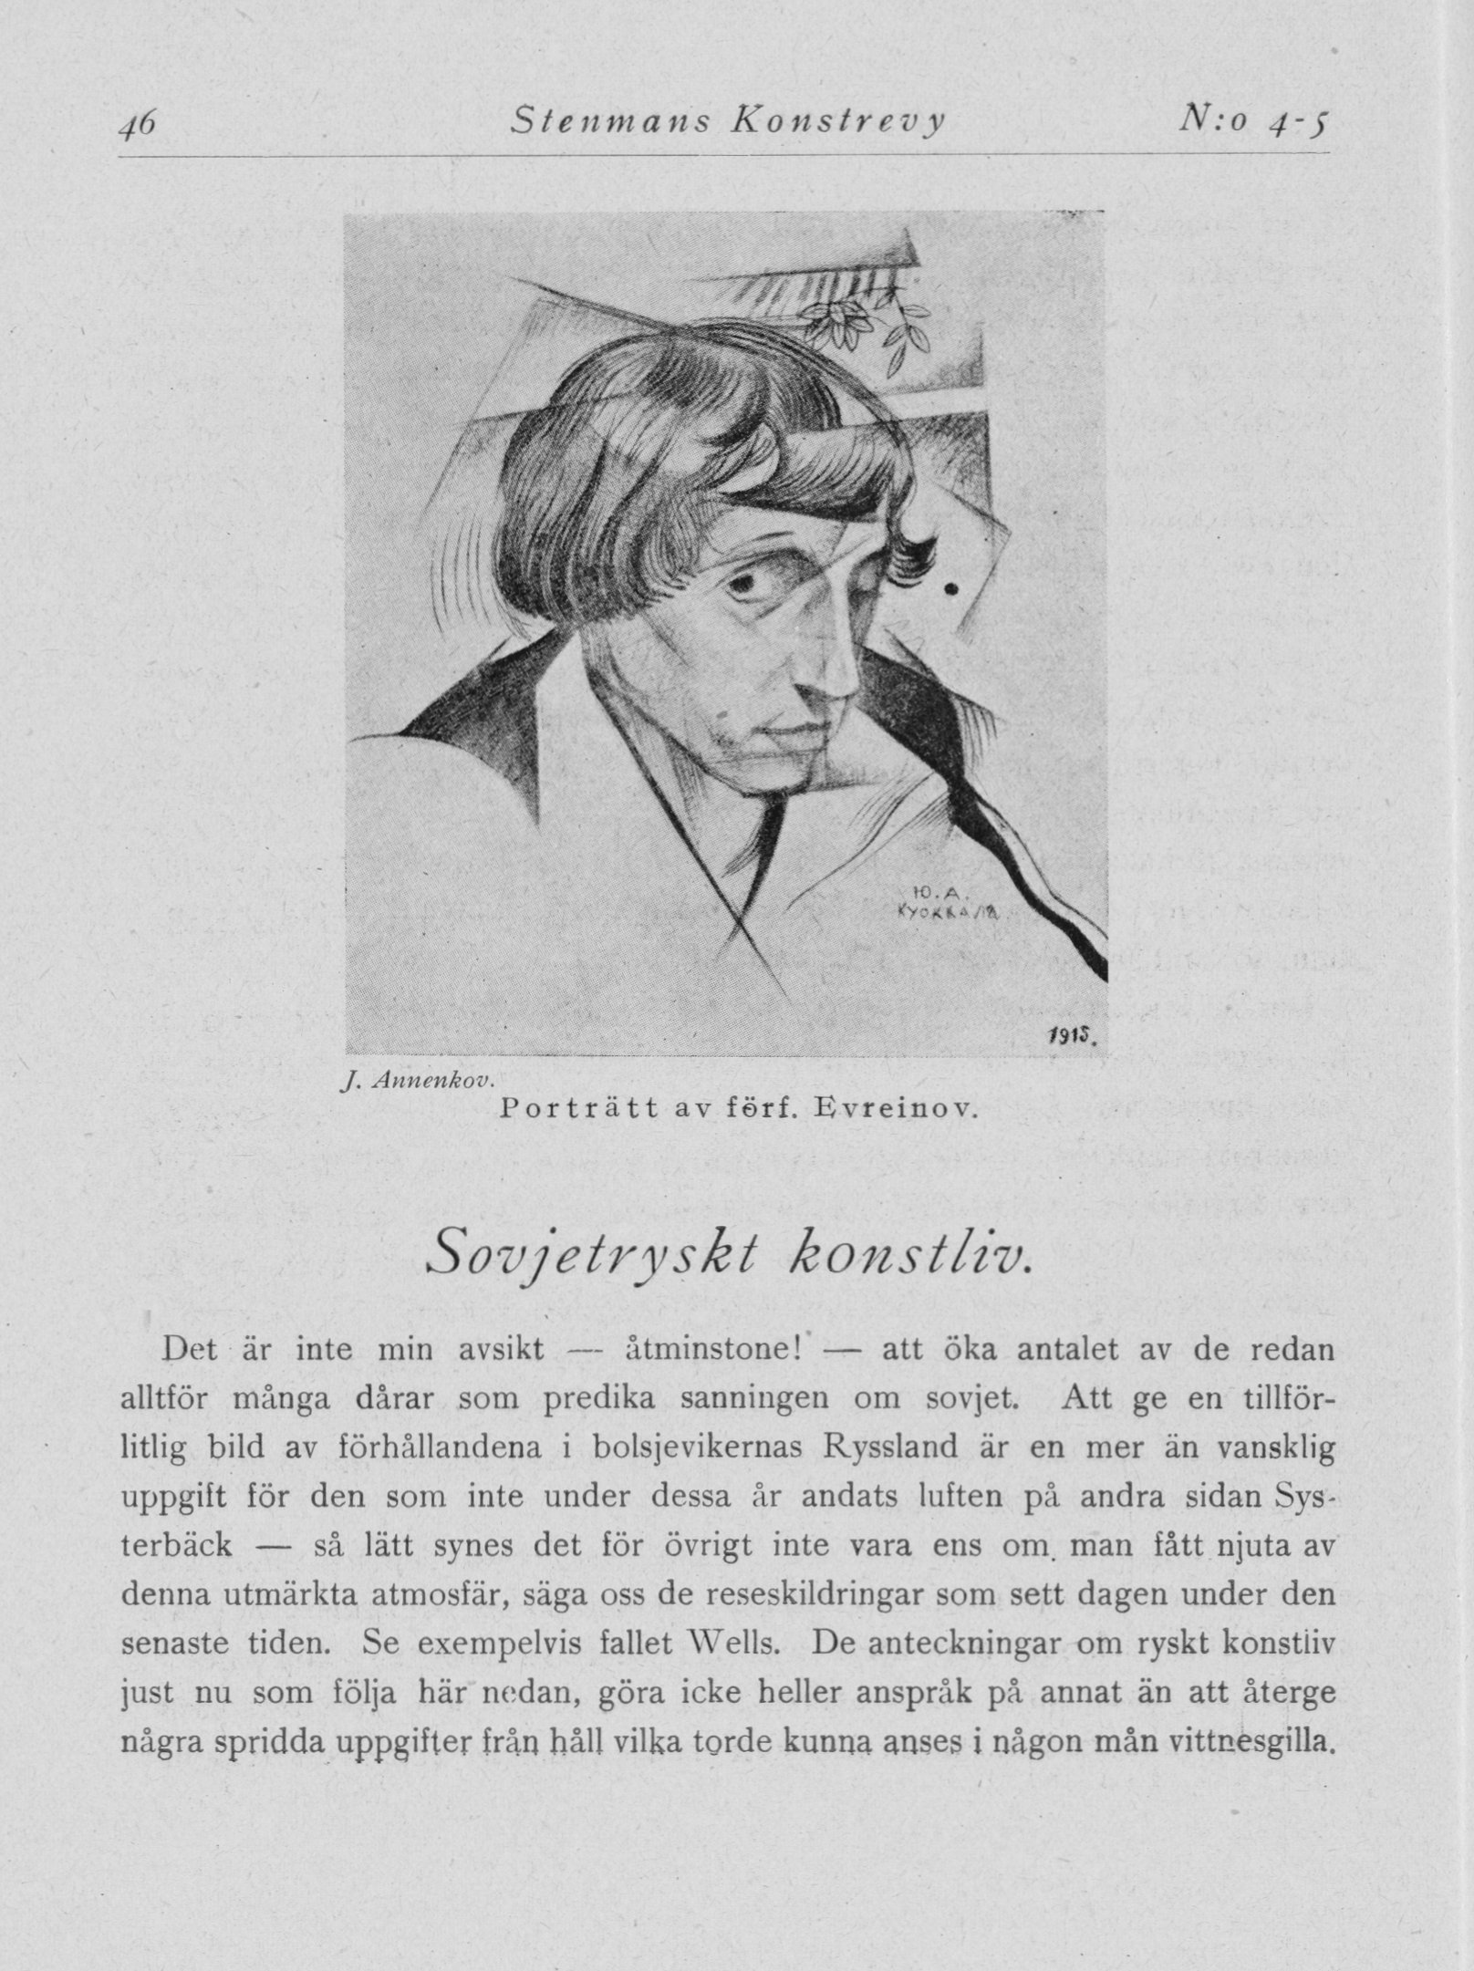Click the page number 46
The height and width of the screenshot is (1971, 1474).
coord(140,120)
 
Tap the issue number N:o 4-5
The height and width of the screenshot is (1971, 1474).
coord(1253,120)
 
